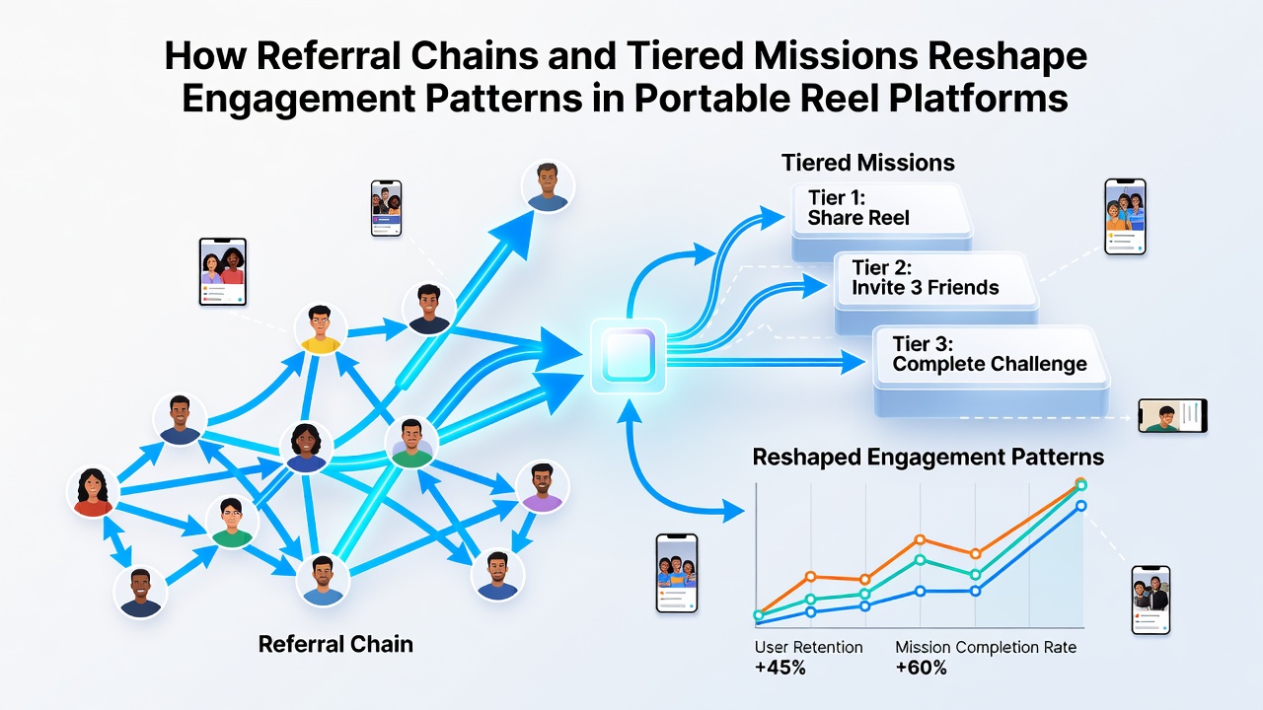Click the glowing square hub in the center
pos(629,356)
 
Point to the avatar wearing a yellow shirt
pos(321,329)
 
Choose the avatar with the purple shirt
pos(542,487)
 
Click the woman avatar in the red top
pos(93,492)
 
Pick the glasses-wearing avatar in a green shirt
pos(232,522)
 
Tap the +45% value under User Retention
pos(780,668)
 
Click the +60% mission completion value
pos(921,668)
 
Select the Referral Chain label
pos(335,644)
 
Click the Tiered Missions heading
pos(867,163)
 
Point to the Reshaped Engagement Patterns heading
pos(929,457)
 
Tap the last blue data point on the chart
pos(1080,506)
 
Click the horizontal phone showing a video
pos(1173,416)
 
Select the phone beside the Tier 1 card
pos(1125,217)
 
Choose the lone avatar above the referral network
pos(548,186)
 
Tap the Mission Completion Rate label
pos(986,648)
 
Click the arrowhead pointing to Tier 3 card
pos(853,361)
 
